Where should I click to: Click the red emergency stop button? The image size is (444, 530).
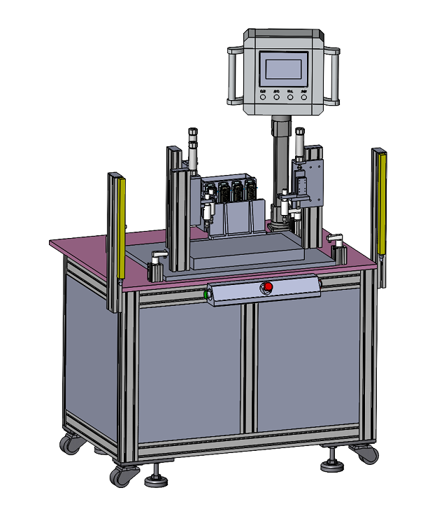click(x=267, y=287)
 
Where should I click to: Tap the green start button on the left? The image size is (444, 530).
click(x=207, y=295)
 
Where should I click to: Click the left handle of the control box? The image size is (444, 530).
click(x=233, y=74)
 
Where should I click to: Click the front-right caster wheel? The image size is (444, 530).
click(x=366, y=454)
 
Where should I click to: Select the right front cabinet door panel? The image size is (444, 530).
click(x=308, y=361)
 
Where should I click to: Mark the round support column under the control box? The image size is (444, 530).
click(x=280, y=168)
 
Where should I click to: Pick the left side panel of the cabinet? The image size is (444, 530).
click(x=91, y=350)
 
